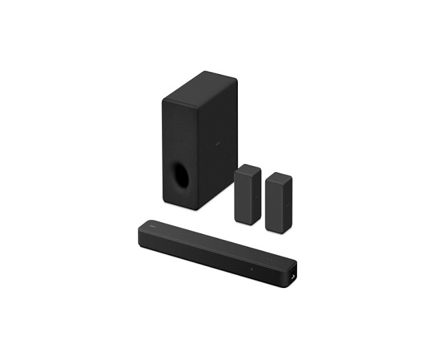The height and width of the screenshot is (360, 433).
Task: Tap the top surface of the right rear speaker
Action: coord(279,176)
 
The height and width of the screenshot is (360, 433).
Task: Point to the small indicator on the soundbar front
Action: coord(251,269)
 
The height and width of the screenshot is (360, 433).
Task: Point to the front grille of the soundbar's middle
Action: coord(207,256)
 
